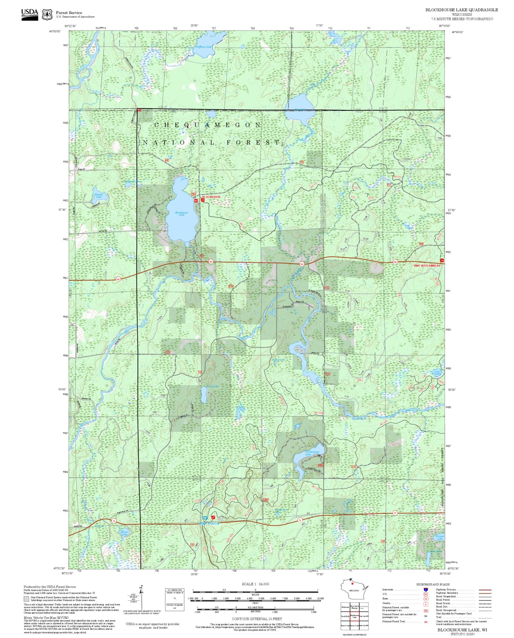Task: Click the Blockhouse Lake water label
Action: click(182, 213)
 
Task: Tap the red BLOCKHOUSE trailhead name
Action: click(211, 197)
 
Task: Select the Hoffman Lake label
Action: click(204, 47)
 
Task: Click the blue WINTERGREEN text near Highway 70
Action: click(209, 524)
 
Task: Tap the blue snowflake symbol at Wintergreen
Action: click(205, 518)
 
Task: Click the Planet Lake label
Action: click(124, 532)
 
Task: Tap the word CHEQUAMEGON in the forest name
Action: click(208, 125)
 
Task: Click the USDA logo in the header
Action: click(30, 14)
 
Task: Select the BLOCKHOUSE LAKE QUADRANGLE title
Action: click(462, 10)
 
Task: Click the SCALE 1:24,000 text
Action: click(255, 584)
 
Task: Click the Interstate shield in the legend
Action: click(426, 590)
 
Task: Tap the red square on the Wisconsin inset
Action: click(352, 583)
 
